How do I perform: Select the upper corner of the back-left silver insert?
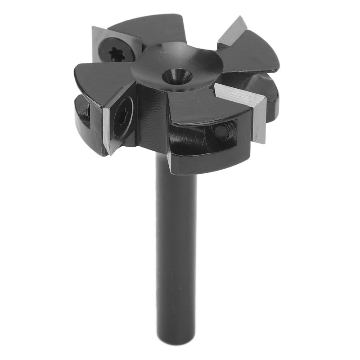click(94, 28)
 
